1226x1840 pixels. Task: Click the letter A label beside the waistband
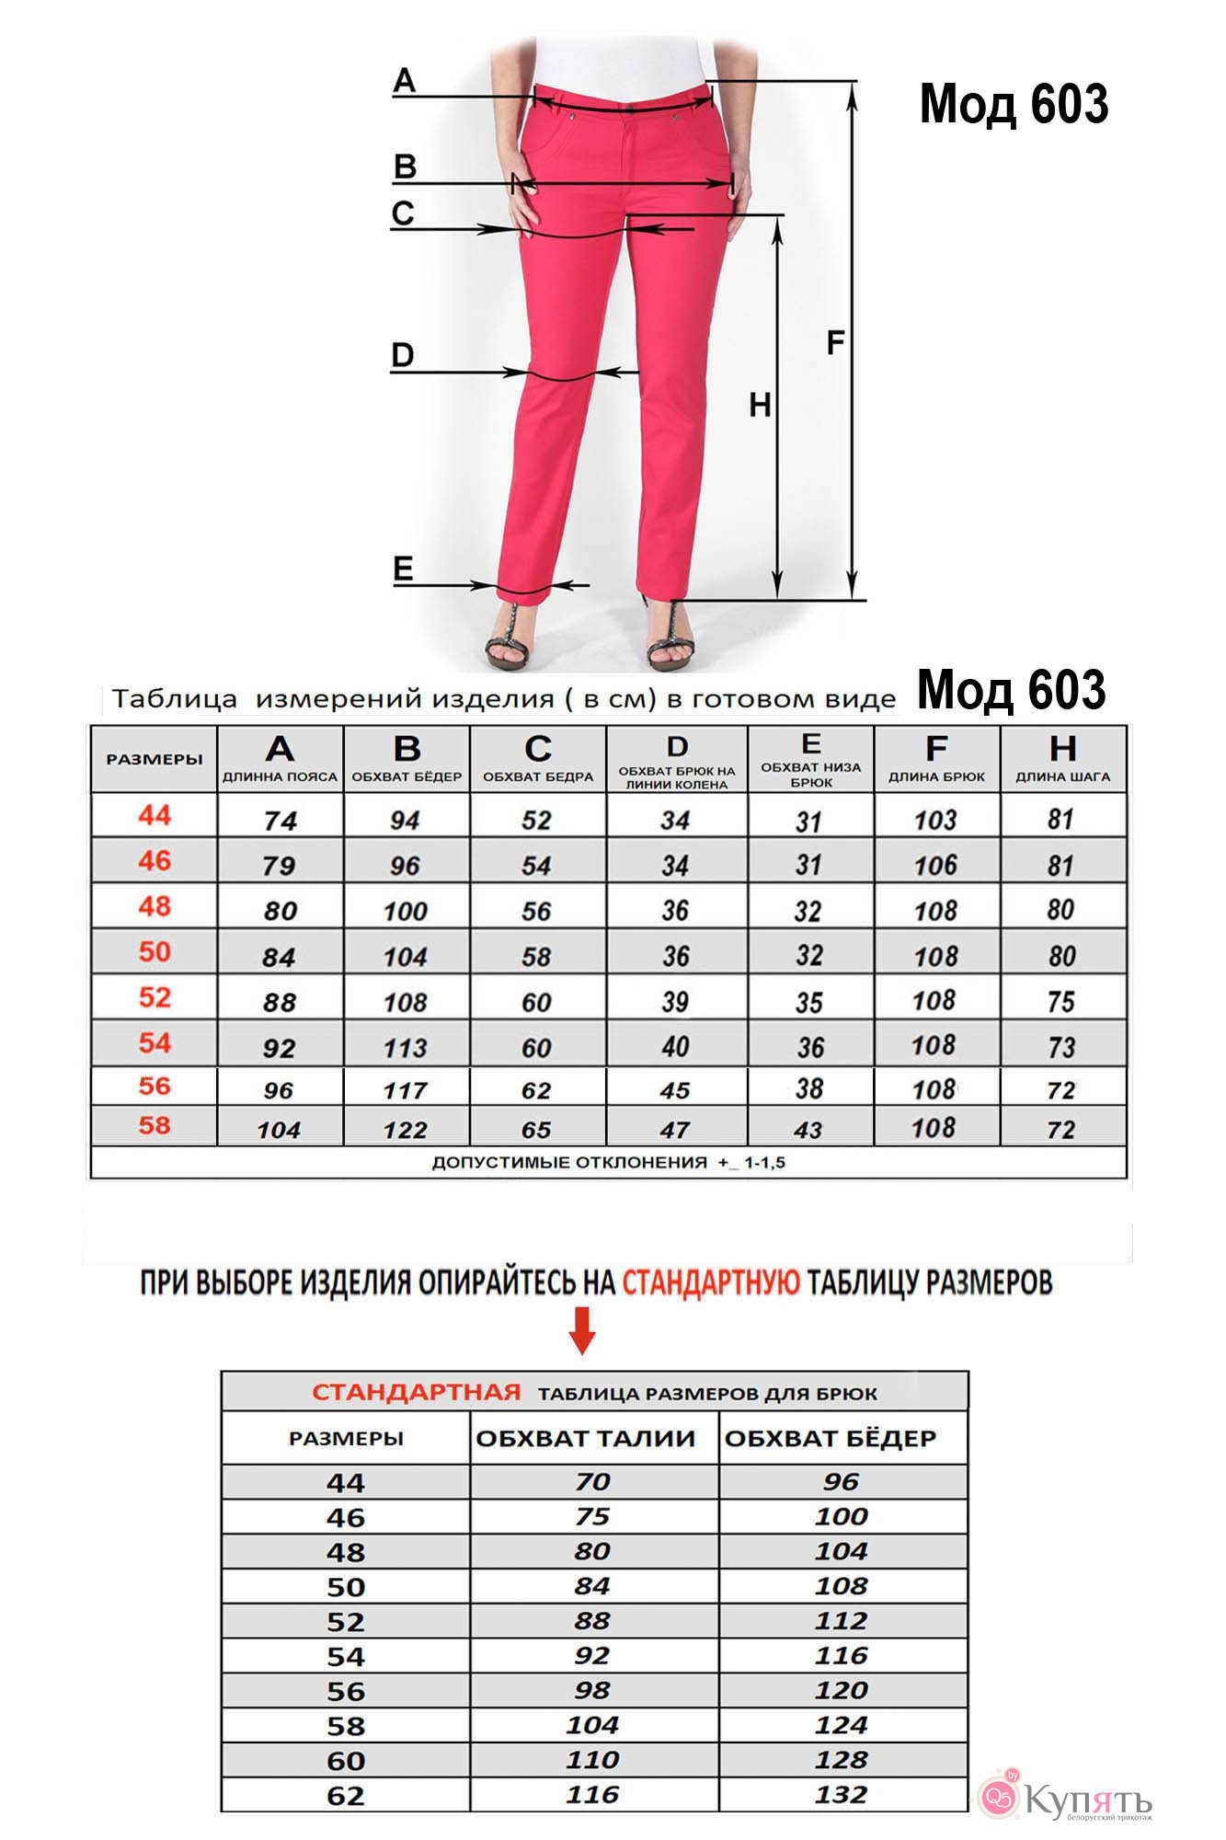click(404, 81)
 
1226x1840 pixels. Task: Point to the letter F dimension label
click(835, 343)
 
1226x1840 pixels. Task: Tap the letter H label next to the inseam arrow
click(760, 405)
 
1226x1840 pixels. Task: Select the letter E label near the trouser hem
click(403, 569)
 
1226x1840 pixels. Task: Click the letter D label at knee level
click(403, 355)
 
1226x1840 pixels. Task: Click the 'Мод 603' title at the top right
click(1014, 103)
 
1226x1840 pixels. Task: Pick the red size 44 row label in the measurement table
click(155, 815)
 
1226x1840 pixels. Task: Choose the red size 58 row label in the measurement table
click(155, 1125)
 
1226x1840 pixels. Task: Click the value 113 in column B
click(405, 1047)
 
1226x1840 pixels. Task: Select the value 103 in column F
click(935, 819)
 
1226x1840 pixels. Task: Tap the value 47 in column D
click(675, 1129)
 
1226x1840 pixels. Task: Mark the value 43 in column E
click(808, 1129)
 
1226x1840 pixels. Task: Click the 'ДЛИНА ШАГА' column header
click(1062, 776)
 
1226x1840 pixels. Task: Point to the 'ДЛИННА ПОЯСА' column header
click(280, 776)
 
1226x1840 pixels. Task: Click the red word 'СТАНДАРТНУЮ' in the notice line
click(711, 1282)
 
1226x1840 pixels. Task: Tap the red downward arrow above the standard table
click(582, 1331)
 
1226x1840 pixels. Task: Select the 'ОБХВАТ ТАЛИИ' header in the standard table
click(586, 1438)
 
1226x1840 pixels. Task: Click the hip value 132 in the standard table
click(841, 1795)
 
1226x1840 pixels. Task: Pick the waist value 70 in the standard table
click(592, 1482)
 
